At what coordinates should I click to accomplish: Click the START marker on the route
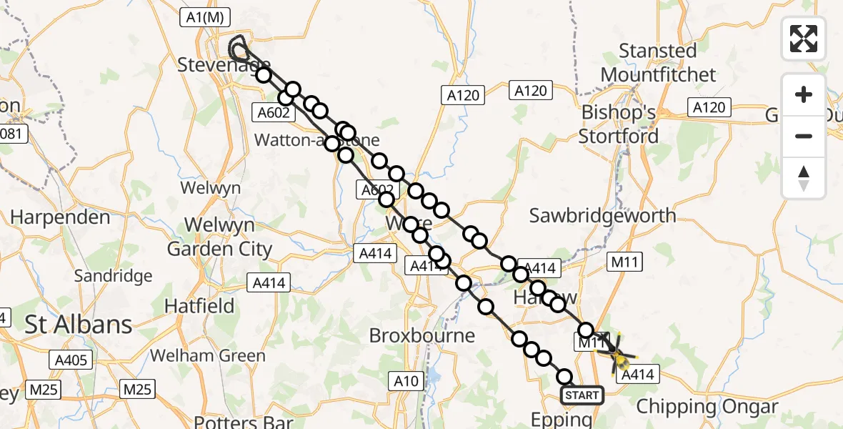pos(582,395)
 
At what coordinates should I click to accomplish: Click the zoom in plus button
pos(804,94)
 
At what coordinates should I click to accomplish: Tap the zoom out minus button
pos(804,136)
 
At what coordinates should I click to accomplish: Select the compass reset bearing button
pos(804,177)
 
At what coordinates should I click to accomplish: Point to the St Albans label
pos(79,325)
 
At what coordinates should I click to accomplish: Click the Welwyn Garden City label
pos(219,237)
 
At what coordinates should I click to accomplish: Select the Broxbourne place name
pos(422,335)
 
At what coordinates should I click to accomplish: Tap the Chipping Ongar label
pos(707,407)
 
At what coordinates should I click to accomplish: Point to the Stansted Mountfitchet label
pos(658,63)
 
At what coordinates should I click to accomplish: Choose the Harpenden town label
pos(60,217)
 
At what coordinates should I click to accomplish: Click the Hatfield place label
pos(199,306)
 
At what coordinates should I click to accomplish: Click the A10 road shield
pos(406,381)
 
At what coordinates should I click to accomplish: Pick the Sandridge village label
pos(114,275)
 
